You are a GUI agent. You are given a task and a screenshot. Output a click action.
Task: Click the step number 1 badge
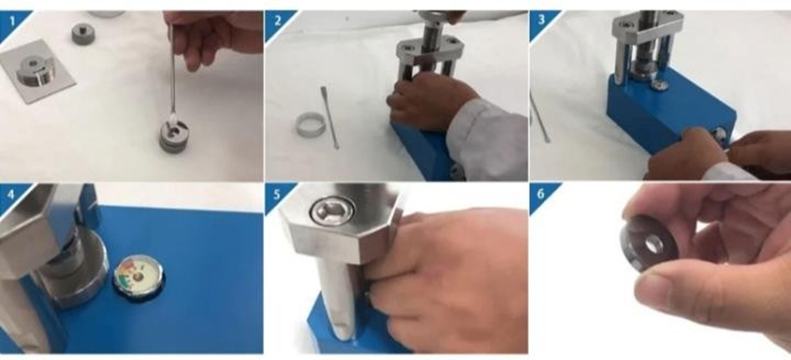(10, 22)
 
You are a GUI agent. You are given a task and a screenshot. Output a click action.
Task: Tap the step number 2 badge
(276, 22)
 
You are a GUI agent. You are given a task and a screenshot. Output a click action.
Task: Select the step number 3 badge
(541, 22)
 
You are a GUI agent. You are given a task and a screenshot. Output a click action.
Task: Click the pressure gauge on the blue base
(138, 276)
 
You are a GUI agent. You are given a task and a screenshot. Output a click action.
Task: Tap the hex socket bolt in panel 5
(332, 210)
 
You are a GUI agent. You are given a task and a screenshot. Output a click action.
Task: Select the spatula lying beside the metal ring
(329, 117)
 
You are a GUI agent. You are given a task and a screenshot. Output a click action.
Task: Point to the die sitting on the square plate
(35, 70)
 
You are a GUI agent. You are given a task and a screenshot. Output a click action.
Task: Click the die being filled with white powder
(174, 135)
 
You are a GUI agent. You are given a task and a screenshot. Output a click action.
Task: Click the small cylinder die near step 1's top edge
(83, 33)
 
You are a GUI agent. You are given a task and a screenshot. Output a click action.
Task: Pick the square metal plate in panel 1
(38, 71)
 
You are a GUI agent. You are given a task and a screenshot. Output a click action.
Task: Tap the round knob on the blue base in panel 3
(719, 135)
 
